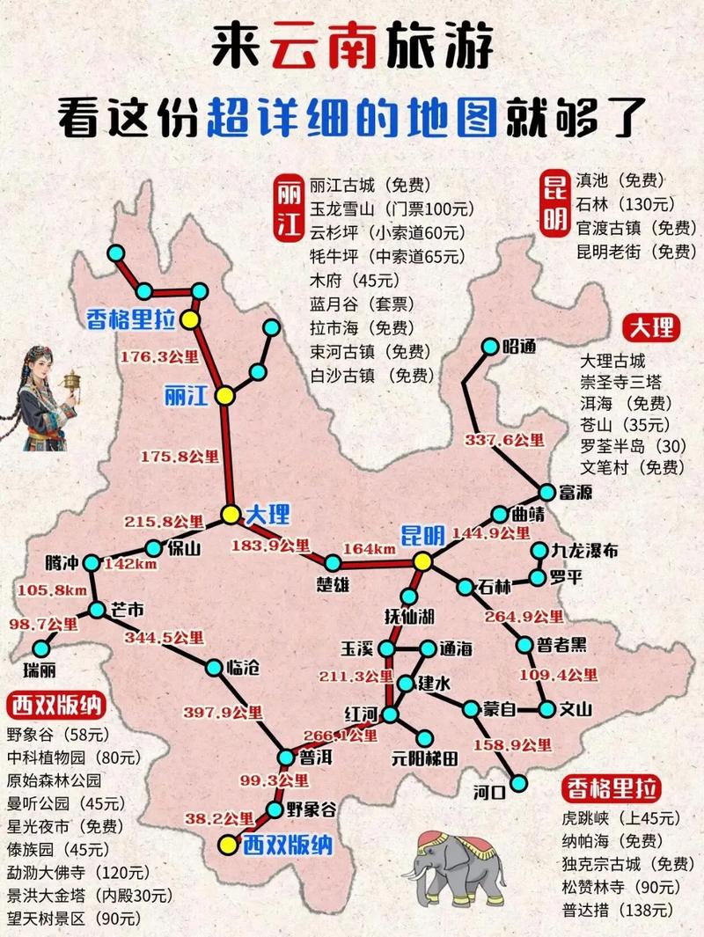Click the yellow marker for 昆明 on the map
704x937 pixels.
pyautogui.click(x=423, y=561)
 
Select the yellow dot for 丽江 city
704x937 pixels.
pyautogui.click(x=226, y=396)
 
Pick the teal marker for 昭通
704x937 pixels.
pyautogui.click(x=488, y=347)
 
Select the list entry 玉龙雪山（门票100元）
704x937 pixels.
pyautogui.click(x=392, y=209)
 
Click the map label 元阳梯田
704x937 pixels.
pyautogui.click(x=424, y=757)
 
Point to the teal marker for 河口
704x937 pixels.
pyautogui.click(x=521, y=783)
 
